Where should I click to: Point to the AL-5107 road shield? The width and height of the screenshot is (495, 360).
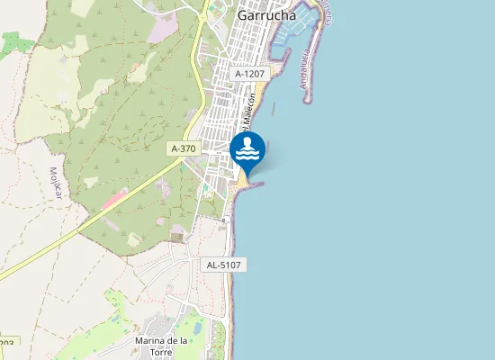point(225,265)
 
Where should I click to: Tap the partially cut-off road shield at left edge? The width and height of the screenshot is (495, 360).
point(7,342)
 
